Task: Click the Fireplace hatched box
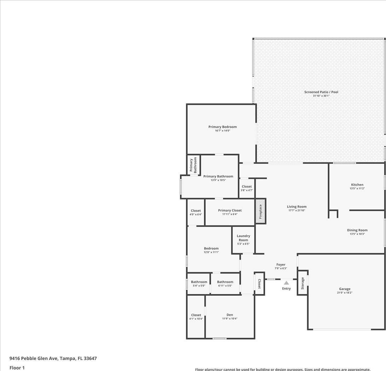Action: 261,211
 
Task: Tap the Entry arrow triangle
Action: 286,283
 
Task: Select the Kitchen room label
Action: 357,184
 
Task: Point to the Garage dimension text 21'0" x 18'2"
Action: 345,293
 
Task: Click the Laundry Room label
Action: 243,238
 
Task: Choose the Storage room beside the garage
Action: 303,283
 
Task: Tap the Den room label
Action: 230,315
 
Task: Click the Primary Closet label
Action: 230,210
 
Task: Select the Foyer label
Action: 281,265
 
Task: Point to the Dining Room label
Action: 357,230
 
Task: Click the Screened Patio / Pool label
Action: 321,92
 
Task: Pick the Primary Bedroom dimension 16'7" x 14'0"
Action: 223,131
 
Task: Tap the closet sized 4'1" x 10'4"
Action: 196,317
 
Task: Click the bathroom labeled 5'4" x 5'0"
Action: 199,283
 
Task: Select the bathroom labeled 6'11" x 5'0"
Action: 225,283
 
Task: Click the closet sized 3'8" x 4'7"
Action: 247,188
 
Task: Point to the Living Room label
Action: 297,207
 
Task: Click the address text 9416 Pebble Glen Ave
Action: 34,358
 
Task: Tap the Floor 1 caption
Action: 17,368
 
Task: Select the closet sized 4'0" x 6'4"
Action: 196,212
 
